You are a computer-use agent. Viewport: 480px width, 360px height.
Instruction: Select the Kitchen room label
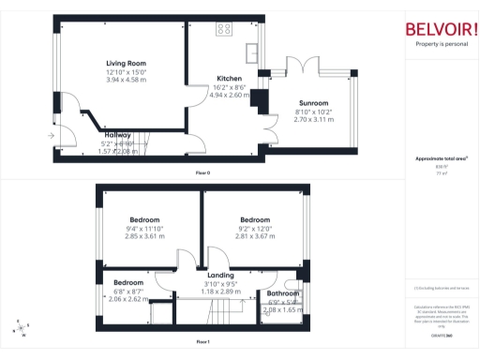coord(230,79)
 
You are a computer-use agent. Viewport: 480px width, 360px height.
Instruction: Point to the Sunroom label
coord(313,102)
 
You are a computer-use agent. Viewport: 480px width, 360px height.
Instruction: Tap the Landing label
coord(223,275)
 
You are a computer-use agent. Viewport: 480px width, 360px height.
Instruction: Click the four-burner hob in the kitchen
coord(225,28)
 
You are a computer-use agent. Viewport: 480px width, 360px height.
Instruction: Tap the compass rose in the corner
coord(21,328)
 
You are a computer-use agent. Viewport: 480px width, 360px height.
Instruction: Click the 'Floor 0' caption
coord(202,174)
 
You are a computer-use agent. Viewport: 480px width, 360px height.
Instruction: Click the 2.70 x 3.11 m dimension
coord(313,119)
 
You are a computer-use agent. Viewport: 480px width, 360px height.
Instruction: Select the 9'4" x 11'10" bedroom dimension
coord(144,229)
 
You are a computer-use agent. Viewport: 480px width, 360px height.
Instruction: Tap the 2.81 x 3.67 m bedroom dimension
coord(254,236)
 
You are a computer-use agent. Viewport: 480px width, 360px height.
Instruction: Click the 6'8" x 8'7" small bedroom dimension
coord(129,292)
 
